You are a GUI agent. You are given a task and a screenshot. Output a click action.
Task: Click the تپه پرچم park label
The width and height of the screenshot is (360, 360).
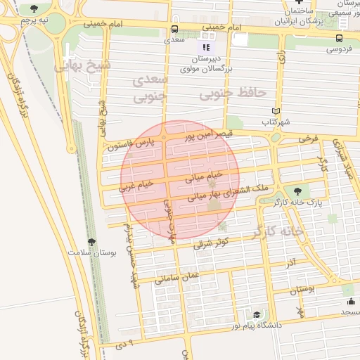tap(34, 20)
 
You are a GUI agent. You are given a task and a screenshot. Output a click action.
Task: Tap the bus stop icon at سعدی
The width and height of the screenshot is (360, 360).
tap(174, 30)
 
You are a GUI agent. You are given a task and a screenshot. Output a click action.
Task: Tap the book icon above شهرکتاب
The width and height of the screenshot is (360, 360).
tap(276, 111)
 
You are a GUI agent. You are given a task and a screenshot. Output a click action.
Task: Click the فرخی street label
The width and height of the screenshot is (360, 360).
tap(307, 139)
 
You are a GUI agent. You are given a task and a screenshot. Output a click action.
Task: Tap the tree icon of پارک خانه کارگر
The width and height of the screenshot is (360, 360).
tap(297, 191)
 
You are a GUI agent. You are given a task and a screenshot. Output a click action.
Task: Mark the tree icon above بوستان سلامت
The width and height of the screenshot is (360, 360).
tap(91, 242)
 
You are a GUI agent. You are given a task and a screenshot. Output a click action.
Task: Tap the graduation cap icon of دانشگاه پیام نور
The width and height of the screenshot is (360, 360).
tap(257, 314)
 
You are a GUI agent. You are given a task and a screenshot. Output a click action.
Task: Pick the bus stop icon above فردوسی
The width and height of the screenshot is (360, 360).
tap(340, 38)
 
